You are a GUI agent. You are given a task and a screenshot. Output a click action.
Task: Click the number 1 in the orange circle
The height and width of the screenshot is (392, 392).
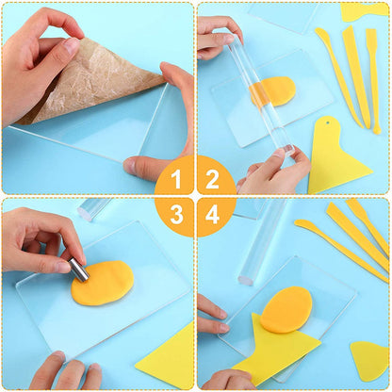pos(177,180)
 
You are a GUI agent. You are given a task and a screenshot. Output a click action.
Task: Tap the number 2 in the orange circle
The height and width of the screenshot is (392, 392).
pos(212,180)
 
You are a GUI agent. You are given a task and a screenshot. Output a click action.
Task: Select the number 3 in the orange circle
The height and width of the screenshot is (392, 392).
pos(177,215)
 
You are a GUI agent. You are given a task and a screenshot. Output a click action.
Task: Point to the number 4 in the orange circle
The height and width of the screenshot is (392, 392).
pos(212,215)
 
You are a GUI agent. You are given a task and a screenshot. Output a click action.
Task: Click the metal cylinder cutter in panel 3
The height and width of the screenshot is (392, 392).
pos(79,268)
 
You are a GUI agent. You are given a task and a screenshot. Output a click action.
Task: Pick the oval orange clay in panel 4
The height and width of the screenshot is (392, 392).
pos(286,309)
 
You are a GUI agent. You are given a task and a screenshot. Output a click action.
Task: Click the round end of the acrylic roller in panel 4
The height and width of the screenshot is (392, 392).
pos(246,279)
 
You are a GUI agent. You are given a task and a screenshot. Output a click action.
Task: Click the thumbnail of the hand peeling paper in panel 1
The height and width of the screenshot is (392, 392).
pos(72,45)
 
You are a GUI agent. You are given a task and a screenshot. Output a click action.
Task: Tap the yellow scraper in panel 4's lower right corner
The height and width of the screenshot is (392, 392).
pos(370,361)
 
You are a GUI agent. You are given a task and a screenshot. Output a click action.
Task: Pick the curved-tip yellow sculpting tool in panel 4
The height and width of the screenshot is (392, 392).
pos(341,248)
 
